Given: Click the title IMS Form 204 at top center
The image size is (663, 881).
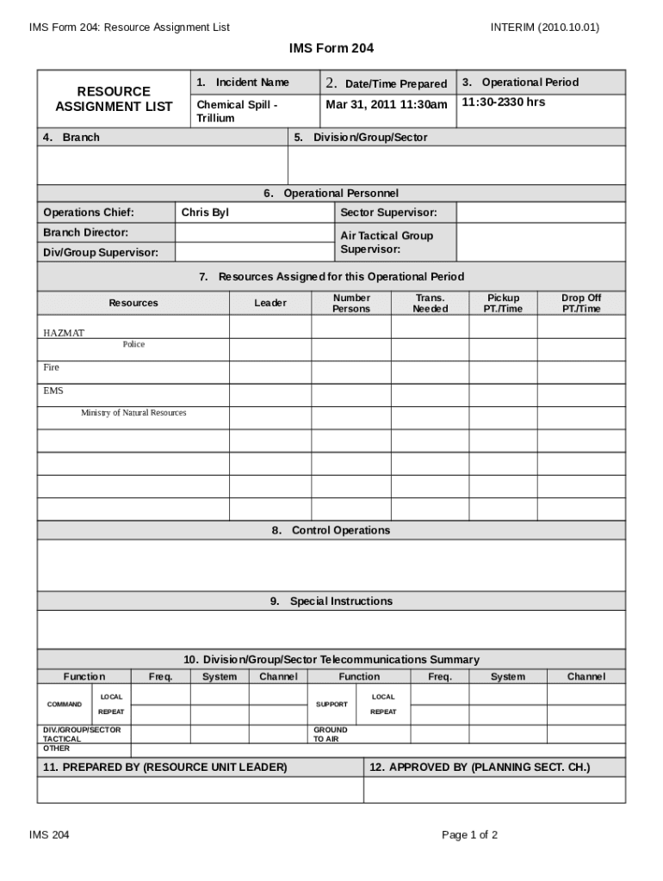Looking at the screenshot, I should [x=331, y=49].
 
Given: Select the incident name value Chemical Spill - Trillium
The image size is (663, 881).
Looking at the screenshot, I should [x=237, y=111].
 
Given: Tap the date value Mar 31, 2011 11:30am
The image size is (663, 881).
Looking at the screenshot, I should [x=387, y=105].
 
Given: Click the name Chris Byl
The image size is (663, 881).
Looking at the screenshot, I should [x=205, y=213].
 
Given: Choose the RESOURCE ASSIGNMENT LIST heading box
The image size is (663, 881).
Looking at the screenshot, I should [x=114, y=99].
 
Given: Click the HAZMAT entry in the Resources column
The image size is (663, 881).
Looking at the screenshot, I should [x=65, y=333].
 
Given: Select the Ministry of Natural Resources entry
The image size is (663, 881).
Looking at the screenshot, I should [x=133, y=413].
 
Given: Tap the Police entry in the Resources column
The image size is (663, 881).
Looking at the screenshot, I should [x=133, y=344].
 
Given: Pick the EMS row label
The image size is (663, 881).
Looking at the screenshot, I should [x=53, y=391].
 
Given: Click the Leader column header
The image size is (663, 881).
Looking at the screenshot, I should [x=270, y=303].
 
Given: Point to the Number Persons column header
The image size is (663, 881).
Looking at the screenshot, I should [x=351, y=303].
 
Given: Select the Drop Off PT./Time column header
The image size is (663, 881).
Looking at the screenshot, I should [x=581, y=303].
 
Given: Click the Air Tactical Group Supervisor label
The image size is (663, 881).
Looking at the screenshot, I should [x=387, y=242].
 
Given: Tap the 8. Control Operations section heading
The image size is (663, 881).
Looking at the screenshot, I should [x=331, y=530].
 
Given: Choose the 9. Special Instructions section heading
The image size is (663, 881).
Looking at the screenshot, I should [x=331, y=601].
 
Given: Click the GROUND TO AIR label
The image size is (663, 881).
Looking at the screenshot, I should [x=330, y=734].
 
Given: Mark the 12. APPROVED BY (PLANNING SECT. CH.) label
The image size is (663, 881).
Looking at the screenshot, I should [x=480, y=767].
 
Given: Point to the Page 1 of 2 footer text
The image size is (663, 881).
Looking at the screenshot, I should [x=469, y=835].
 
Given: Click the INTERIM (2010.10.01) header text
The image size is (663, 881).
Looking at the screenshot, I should [x=544, y=27].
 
